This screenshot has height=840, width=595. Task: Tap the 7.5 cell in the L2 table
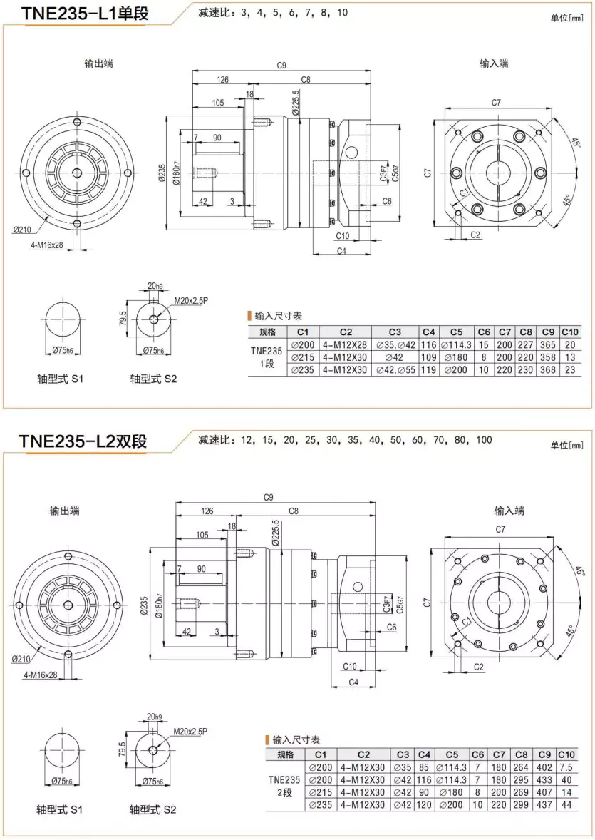[x=567, y=767]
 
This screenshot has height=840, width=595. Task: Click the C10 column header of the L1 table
[x=570, y=332]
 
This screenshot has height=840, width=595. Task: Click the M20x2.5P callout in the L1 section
[x=191, y=301]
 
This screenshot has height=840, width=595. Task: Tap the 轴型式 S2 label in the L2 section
[x=152, y=809]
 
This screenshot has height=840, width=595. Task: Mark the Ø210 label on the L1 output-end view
[x=25, y=230]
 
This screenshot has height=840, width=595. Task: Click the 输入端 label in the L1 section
[x=494, y=63]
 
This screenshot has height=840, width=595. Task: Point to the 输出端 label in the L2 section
[x=64, y=511]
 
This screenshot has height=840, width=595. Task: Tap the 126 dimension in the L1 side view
[x=223, y=79]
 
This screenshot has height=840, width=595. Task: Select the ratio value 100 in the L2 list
[x=484, y=440]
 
